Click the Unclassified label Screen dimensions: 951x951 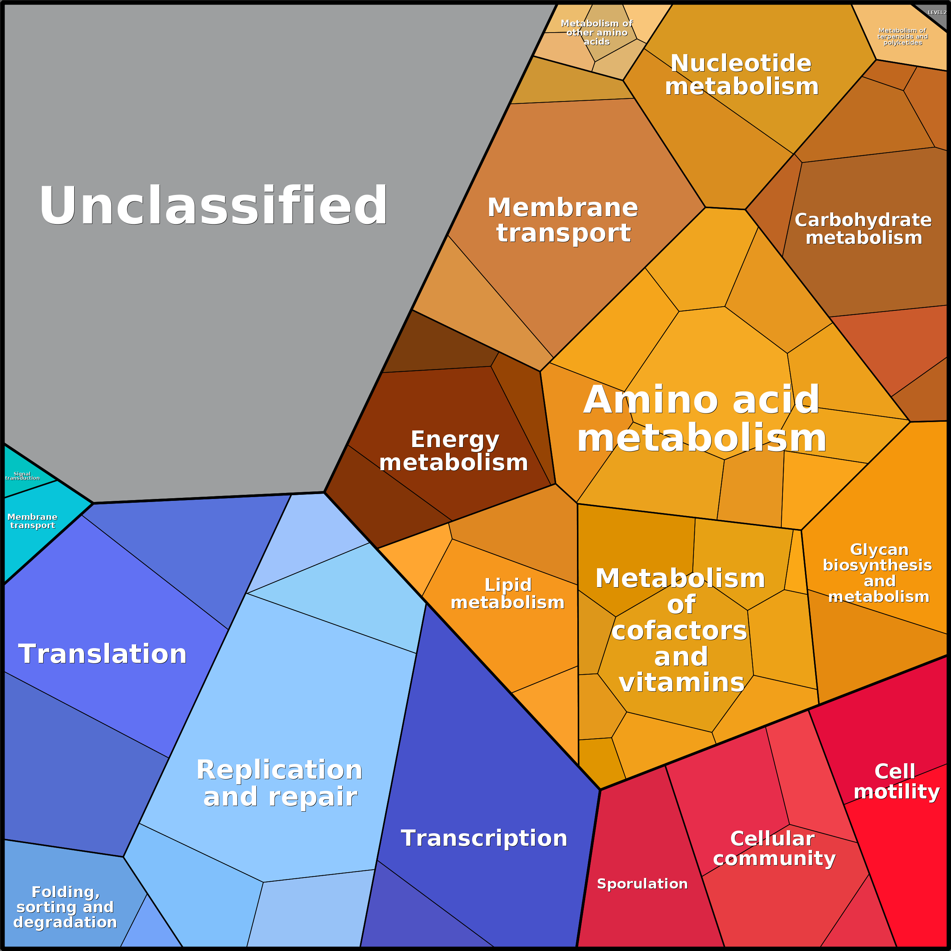(x=213, y=205)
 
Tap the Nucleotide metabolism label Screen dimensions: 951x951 (x=741, y=75)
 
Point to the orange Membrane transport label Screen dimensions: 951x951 (x=563, y=220)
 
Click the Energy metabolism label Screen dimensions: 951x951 (x=454, y=451)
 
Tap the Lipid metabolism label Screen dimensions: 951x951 (x=508, y=594)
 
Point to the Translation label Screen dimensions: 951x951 (x=102, y=654)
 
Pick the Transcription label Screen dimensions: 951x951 (x=484, y=838)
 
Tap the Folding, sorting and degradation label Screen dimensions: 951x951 (x=65, y=907)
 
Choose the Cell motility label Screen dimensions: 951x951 (x=896, y=782)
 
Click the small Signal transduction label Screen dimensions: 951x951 (x=23, y=476)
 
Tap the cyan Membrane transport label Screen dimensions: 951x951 (x=33, y=521)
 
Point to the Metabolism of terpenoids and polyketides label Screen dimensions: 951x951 (x=902, y=36)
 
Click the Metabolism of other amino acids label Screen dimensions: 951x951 (x=597, y=33)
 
